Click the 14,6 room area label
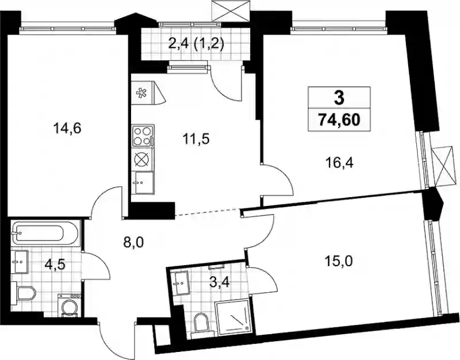tap(67, 128)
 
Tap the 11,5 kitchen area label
tap(196, 139)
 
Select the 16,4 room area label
tap(339, 162)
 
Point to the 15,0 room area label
tap(339, 260)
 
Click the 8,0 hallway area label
tap(135, 242)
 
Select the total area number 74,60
tap(339, 120)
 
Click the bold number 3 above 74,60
tap(339, 98)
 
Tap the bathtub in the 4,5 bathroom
tap(45, 233)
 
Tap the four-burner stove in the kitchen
tap(143, 136)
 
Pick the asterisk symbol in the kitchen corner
tap(141, 92)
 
